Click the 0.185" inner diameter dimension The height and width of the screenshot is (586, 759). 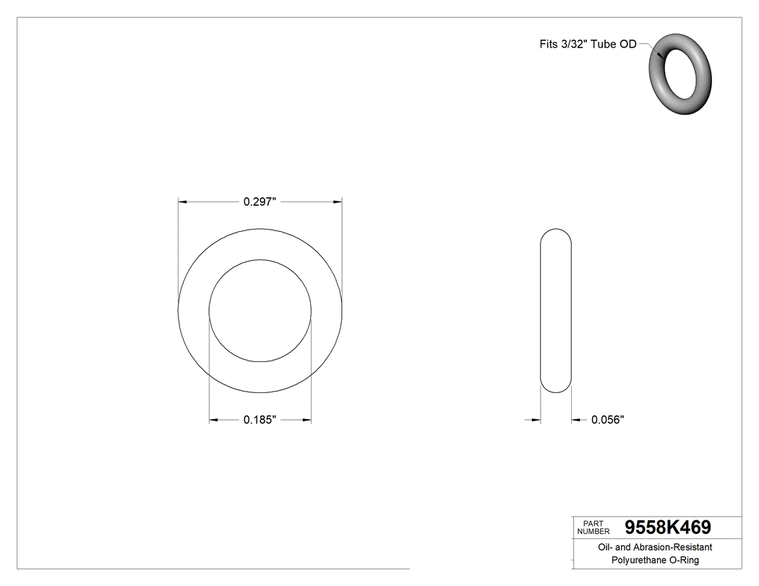[260, 420]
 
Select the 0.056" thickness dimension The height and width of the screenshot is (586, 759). [607, 420]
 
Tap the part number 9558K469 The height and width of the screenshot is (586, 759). [667, 527]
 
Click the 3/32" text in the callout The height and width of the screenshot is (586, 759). [573, 44]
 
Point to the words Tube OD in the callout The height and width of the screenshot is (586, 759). [614, 44]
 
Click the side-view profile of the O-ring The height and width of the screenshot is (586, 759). [556, 311]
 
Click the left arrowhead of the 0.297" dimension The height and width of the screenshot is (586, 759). [183, 203]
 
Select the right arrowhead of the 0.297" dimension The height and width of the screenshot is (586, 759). [338, 203]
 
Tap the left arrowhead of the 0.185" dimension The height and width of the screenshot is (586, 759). [214, 420]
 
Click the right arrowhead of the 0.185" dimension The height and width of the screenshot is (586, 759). [306, 420]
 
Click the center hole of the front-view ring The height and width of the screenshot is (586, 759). [260, 311]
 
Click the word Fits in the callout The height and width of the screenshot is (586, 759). [549, 44]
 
